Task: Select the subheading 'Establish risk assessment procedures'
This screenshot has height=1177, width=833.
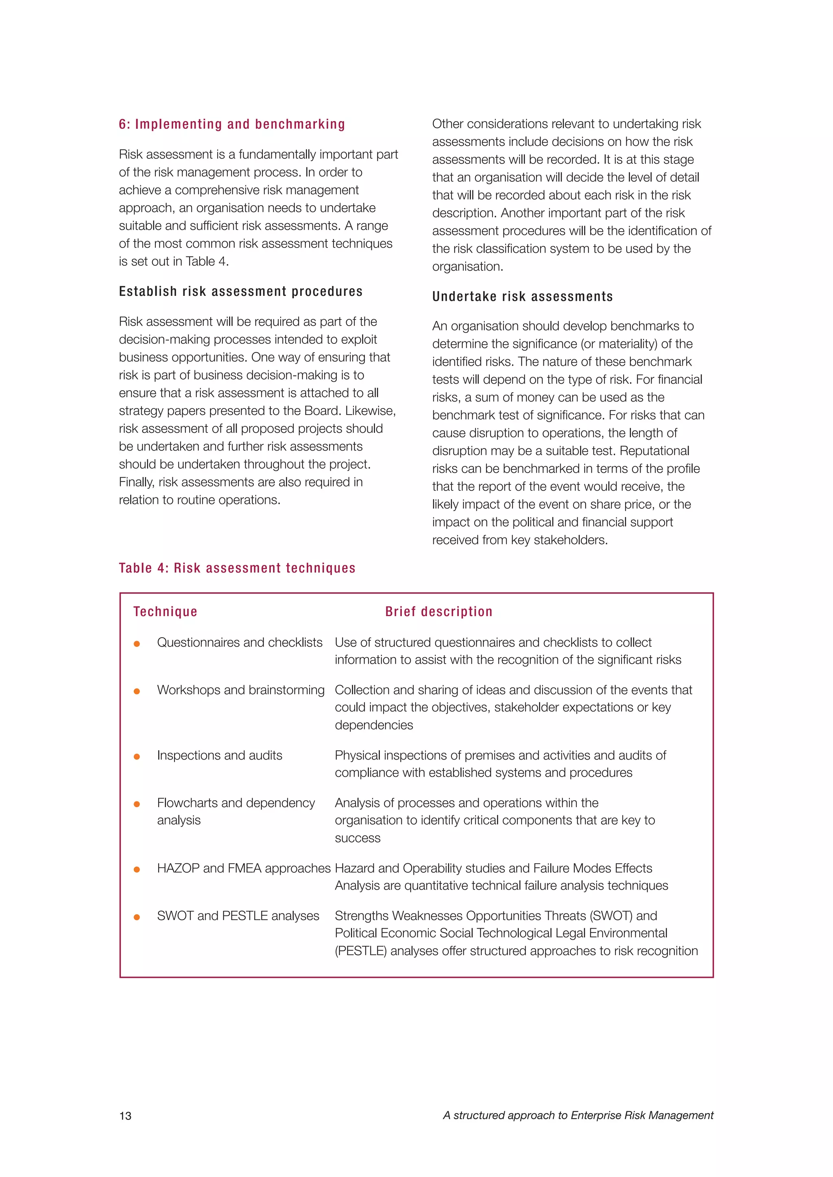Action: tap(240, 292)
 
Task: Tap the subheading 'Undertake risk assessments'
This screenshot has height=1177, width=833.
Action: tap(522, 297)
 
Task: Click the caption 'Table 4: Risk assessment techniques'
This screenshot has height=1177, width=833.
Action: tap(237, 568)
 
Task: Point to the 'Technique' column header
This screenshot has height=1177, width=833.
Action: tap(165, 612)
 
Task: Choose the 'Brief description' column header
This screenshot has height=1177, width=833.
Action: tap(438, 612)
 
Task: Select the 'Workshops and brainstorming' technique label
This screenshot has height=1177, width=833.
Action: tap(240, 690)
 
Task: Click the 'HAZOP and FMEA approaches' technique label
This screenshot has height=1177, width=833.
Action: tap(244, 869)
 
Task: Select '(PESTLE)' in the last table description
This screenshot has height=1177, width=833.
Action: tap(361, 951)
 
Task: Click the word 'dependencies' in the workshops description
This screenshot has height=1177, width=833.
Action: tap(374, 725)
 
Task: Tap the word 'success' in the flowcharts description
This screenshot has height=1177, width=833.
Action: tap(358, 838)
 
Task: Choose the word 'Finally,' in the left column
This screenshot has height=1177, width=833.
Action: tap(136, 482)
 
